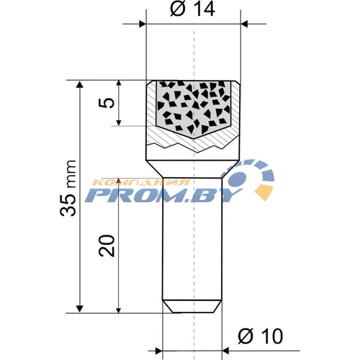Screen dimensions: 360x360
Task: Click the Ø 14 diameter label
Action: [x=192, y=10]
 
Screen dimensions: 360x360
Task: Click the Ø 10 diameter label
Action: [x=261, y=336]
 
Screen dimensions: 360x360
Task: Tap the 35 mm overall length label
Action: [x=68, y=188]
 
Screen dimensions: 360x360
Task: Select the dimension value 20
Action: [x=107, y=246]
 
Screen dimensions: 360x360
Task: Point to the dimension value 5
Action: [x=107, y=102]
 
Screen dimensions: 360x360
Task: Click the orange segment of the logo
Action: [x=264, y=192]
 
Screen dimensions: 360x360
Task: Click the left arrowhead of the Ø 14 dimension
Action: [x=143, y=24]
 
